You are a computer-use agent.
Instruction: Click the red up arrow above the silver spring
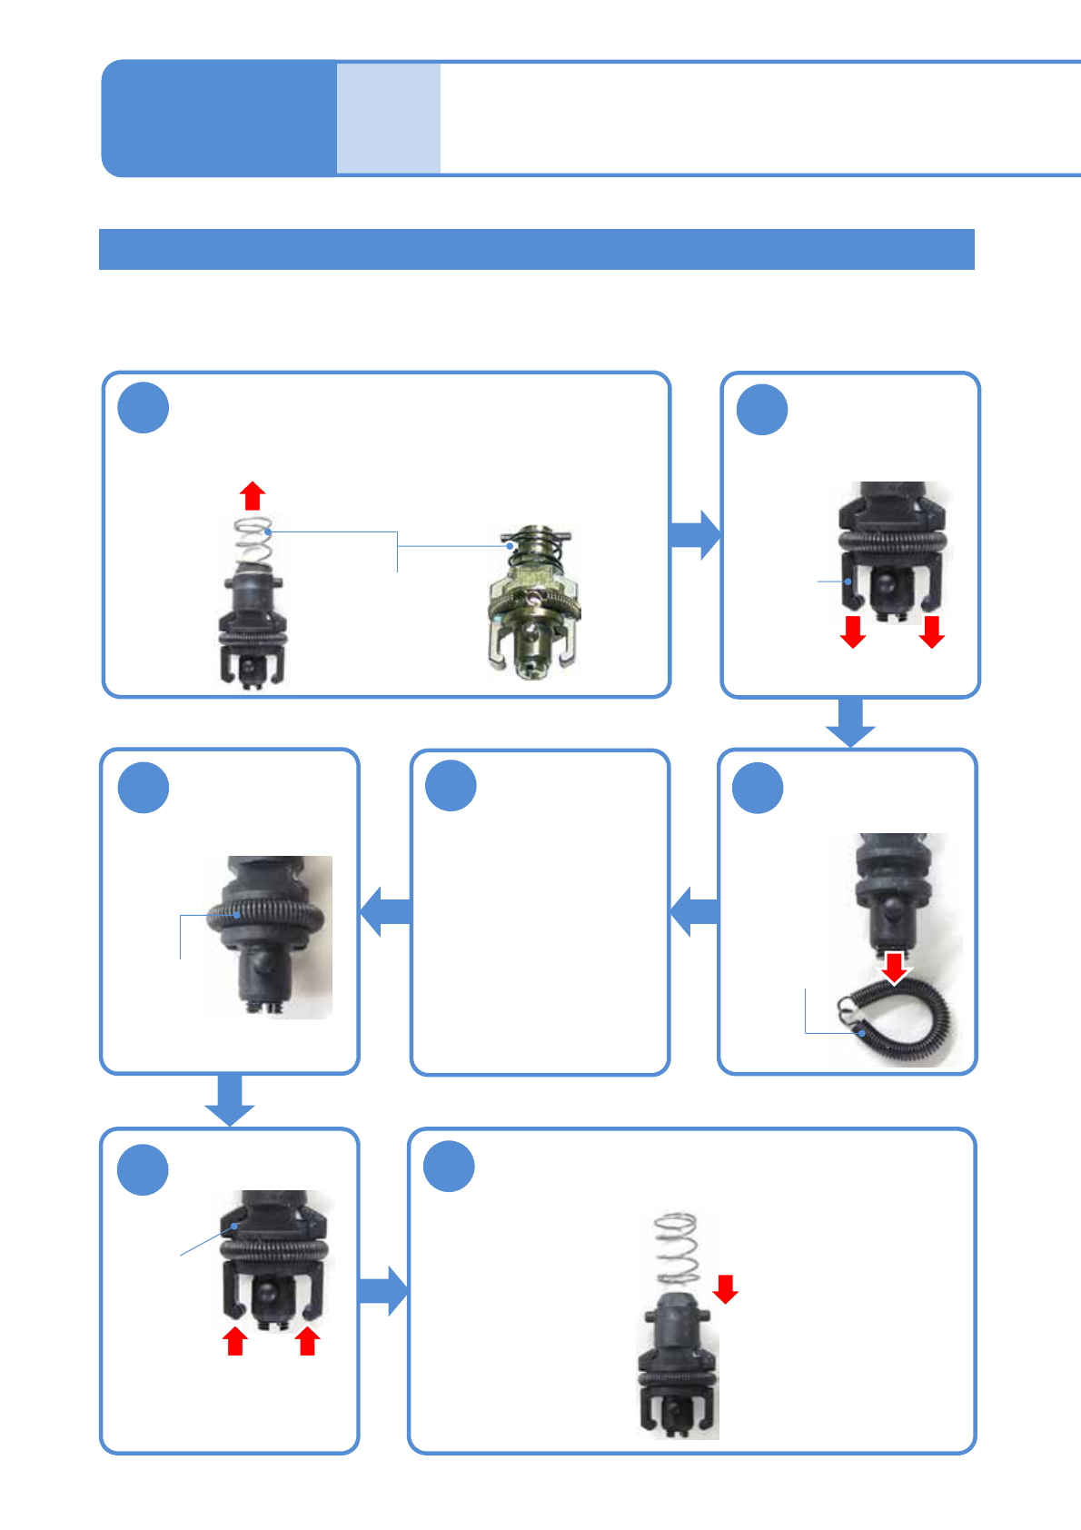(x=253, y=496)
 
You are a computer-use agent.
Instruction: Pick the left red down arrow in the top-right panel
(x=853, y=631)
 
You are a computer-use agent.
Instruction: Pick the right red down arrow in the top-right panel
(x=931, y=631)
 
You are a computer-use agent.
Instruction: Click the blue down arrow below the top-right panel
(x=850, y=722)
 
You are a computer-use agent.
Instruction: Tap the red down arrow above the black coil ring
(x=895, y=968)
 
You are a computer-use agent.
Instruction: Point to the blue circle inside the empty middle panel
(x=451, y=786)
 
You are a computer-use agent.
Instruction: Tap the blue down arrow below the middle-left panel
(x=229, y=1099)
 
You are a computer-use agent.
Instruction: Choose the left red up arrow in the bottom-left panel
(x=235, y=1341)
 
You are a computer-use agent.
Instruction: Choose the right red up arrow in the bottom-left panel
(x=308, y=1341)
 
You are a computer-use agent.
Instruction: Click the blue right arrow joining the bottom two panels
(x=383, y=1290)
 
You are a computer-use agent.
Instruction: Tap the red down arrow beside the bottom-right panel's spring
(x=725, y=1288)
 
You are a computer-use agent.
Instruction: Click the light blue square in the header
(x=389, y=118)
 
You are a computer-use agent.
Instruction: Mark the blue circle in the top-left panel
(x=144, y=408)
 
